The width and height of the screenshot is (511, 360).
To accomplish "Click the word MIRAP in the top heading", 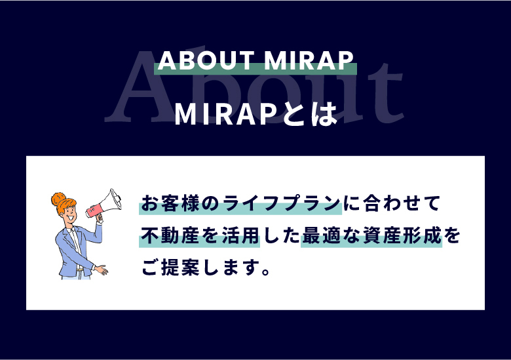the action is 309,60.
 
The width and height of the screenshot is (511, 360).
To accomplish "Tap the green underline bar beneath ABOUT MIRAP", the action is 255,69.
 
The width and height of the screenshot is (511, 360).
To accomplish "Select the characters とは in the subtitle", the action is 310,114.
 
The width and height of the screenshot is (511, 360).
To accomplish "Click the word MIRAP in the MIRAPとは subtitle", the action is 227,115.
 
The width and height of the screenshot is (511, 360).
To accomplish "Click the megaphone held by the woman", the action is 105,203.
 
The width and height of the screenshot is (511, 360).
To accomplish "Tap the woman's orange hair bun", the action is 58,199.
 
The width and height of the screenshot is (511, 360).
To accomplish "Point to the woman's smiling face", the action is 70,214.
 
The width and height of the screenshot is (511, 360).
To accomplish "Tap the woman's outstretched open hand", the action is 101,270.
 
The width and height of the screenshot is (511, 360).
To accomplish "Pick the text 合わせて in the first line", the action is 402,203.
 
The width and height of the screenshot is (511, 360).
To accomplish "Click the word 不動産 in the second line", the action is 170,235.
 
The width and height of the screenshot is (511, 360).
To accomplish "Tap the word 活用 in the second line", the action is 240,235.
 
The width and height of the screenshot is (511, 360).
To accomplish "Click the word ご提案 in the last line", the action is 170,268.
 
